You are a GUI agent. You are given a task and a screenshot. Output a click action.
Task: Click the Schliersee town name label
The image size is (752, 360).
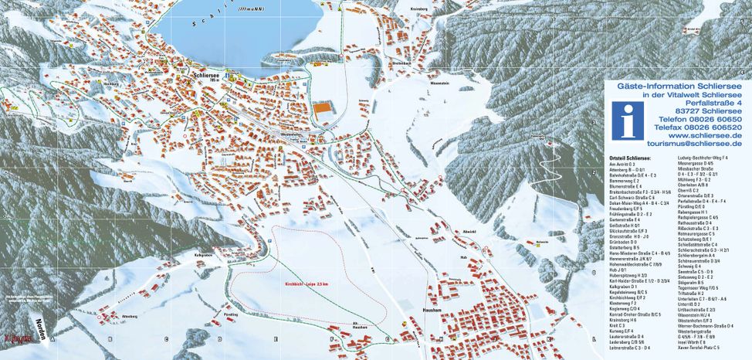pos(205,74)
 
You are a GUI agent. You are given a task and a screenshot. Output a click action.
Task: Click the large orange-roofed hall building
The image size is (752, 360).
pos(321,110)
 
